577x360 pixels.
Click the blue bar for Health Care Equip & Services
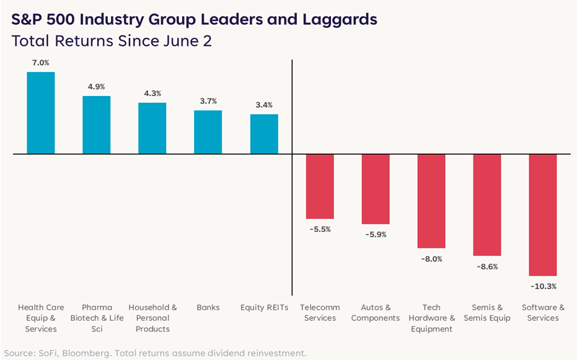tap(41, 113)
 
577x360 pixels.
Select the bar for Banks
tap(208, 132)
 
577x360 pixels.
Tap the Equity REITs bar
tap(264, 134)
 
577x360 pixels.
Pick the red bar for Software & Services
tap(543, 215)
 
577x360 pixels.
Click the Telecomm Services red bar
tap(320, 187)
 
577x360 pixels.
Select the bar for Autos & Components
tap(376, 189)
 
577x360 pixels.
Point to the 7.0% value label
tap(40, 63)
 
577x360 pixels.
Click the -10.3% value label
tap(544, 286)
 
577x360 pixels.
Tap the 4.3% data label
tap(152, 94)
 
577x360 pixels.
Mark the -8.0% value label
tap(431, 259)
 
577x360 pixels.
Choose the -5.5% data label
tap(320, 229)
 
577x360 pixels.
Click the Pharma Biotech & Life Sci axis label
tap(97, 318)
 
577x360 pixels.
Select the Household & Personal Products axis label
tap(152, 318)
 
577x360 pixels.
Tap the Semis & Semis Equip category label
tap(487, 312)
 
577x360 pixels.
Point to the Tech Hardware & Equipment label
tap(431, 318)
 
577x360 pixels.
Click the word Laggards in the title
tap(340, 19)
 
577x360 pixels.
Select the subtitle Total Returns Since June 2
tap(112, 41)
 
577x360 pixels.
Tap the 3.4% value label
tap(264, 105)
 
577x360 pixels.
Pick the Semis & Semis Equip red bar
tap(487, 205)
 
